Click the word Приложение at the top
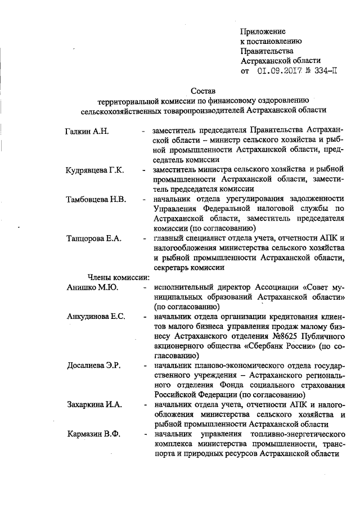pos(263,31)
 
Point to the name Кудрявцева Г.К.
pos(94,170)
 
